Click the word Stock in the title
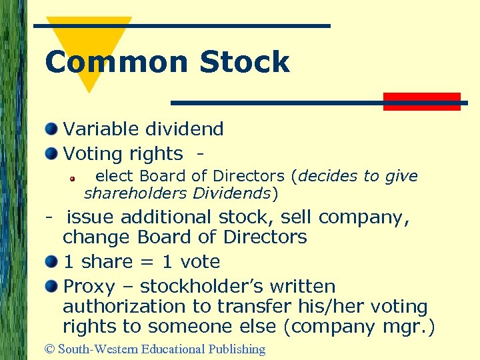(245, 62)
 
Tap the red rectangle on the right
(422, 101)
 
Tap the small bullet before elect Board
(77, 178)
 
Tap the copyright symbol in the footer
(49, 349)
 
